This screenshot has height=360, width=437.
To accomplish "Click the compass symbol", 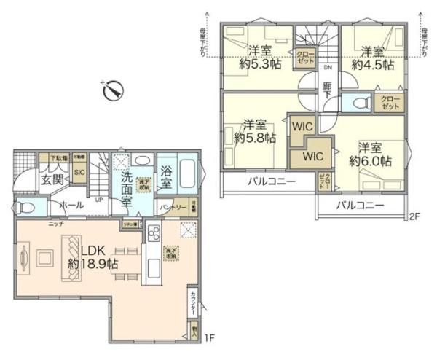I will (113, 91).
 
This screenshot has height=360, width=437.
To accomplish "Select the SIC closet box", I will (79, 173).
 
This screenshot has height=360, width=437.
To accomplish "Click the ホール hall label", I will (71, 206).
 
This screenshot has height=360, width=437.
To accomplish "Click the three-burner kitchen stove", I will (155, 235).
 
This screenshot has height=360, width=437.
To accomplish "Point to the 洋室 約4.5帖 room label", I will (372, 57).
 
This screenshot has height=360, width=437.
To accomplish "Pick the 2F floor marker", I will (415, 216).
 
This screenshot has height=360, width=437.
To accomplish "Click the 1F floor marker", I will (209, 337).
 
